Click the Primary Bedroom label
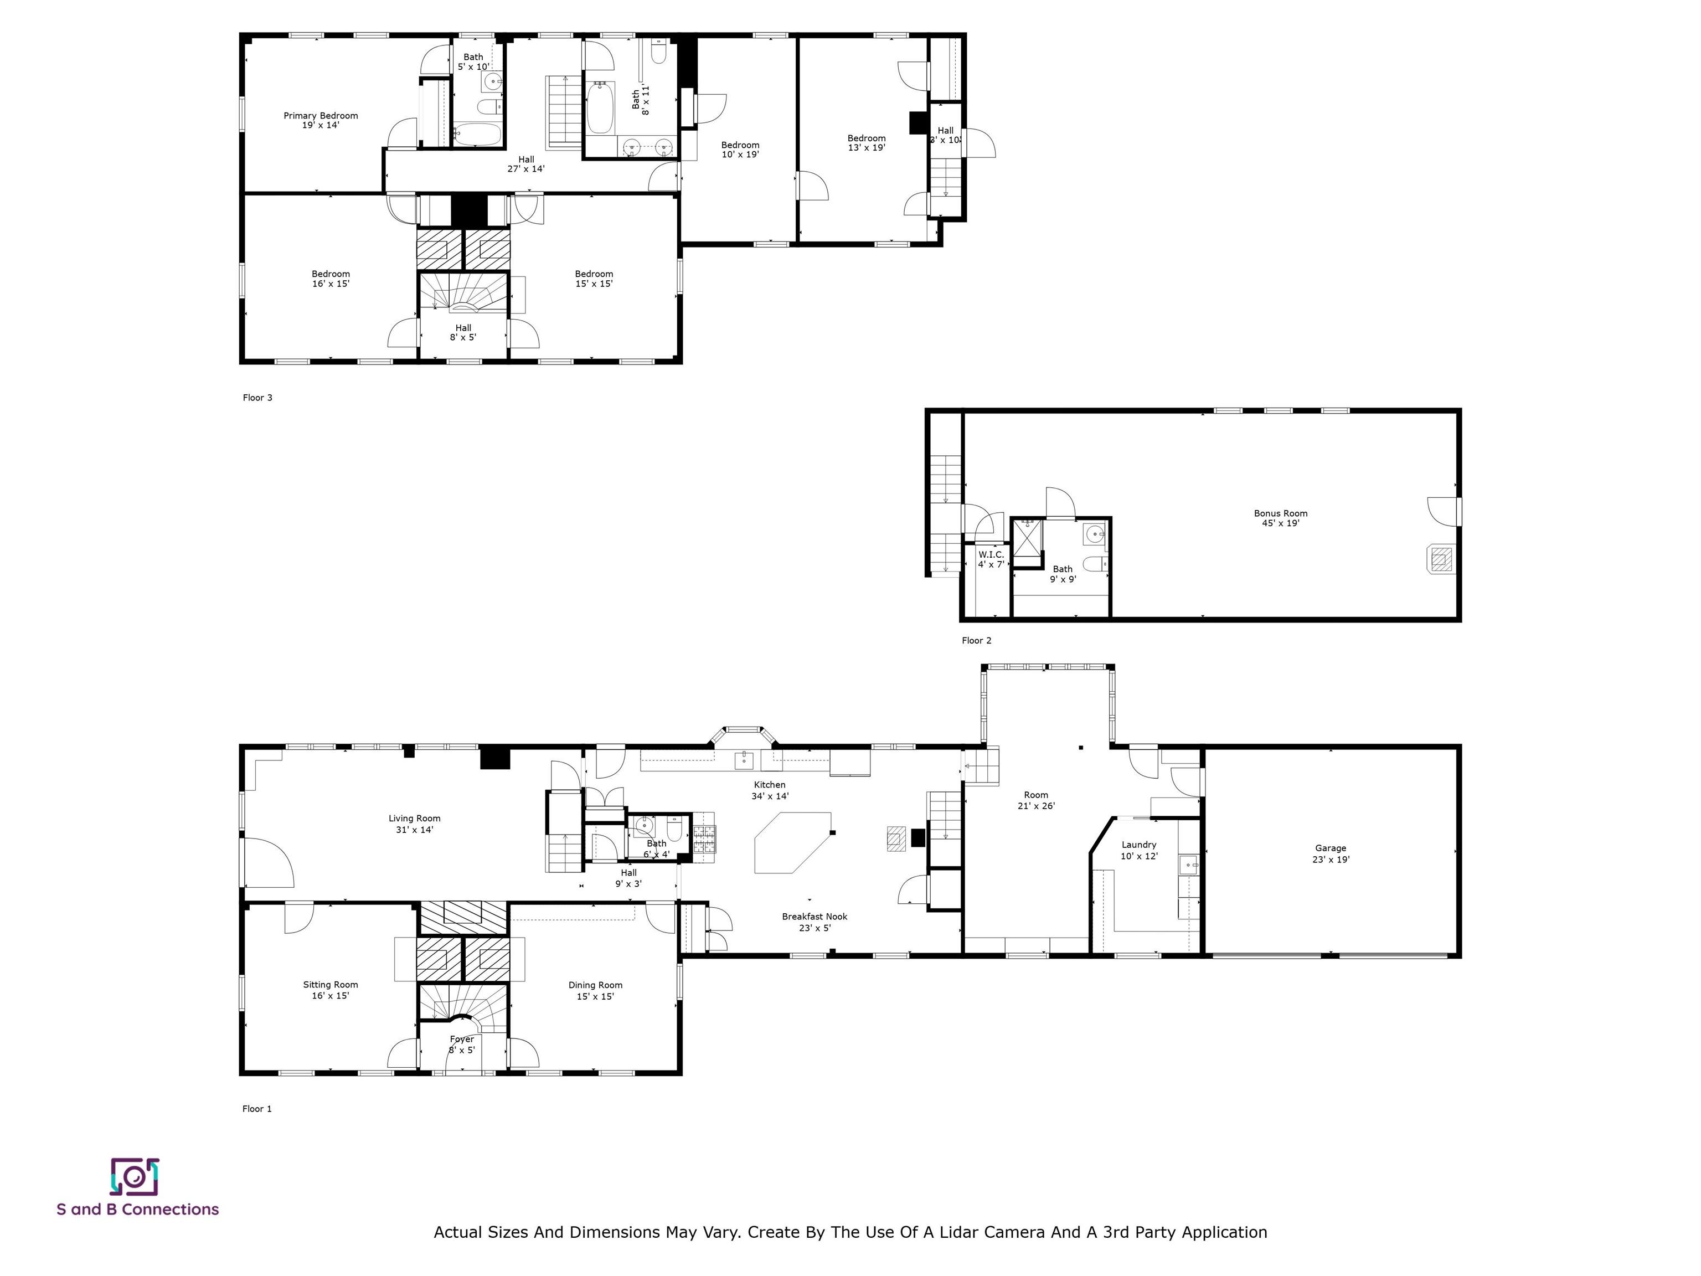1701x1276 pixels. point(321,116)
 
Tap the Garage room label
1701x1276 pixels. point(1331,848)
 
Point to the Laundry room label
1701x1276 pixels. point(1139,845)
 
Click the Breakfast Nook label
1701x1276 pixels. point(815,916)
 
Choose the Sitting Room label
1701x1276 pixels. point(331,985)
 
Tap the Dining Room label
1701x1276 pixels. point(595,985)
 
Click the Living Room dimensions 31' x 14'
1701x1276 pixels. point(415,830)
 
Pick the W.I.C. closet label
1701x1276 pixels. point(991,554)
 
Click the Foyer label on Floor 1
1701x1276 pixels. point(462,1039)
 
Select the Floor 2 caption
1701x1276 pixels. point(977,641)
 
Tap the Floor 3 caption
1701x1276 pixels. point(257,398)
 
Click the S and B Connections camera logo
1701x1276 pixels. point(135,1177)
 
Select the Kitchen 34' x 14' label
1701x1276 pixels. point(770,791)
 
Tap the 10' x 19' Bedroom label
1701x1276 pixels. point(740,150)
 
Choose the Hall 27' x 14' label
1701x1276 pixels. point(526,164)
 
